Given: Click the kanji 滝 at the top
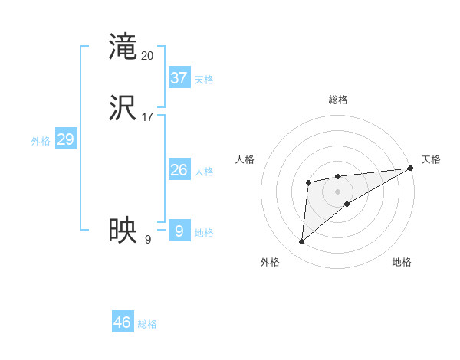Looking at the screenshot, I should (x=123, y=47).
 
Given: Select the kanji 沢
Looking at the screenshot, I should (x=123, y=108).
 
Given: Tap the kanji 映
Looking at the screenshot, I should (x=123, y=229).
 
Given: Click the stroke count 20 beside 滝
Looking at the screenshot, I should (x=148, y=56).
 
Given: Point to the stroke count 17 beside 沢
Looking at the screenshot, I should (x=148, y=117).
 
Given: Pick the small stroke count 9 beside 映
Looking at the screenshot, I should (x=148, y=239).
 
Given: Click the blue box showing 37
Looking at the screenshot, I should (x=179, y=77).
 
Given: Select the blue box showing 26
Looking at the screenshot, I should (x=179, y=170).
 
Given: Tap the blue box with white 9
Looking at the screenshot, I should (x=179, y=231).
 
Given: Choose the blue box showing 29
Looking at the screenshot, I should (x=65, y=139).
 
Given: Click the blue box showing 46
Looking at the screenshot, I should (x=123, y=322).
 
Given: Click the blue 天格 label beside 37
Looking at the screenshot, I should (x=204, y=79).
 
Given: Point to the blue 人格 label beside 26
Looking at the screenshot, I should (x=204, y=172).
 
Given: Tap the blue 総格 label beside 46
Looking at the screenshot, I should (x=147, y=324).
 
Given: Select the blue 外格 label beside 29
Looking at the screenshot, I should (x=41, y=141).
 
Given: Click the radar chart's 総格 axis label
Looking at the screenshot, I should (x=338, y=100).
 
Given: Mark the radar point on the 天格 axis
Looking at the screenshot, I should (x=411, y=169).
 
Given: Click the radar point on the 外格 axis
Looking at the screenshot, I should (x=302, y=242).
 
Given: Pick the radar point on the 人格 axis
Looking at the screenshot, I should (x=308, y=182).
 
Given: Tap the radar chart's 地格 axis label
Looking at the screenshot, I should (x=402, y=263).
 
